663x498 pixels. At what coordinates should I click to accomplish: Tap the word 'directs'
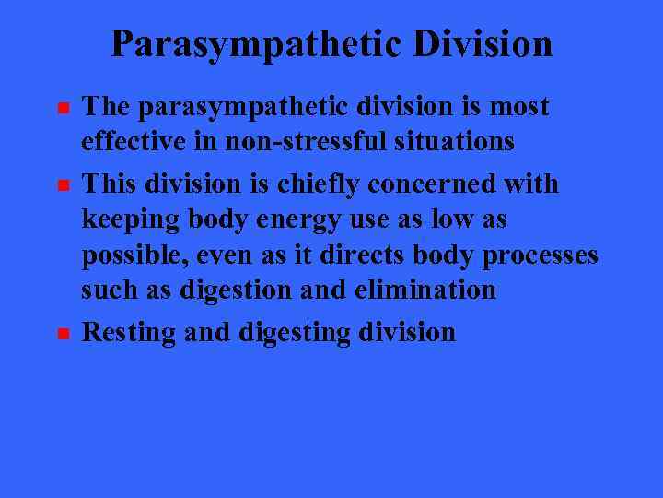point(361,255)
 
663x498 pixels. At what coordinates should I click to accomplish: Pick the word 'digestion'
point(233,290)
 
